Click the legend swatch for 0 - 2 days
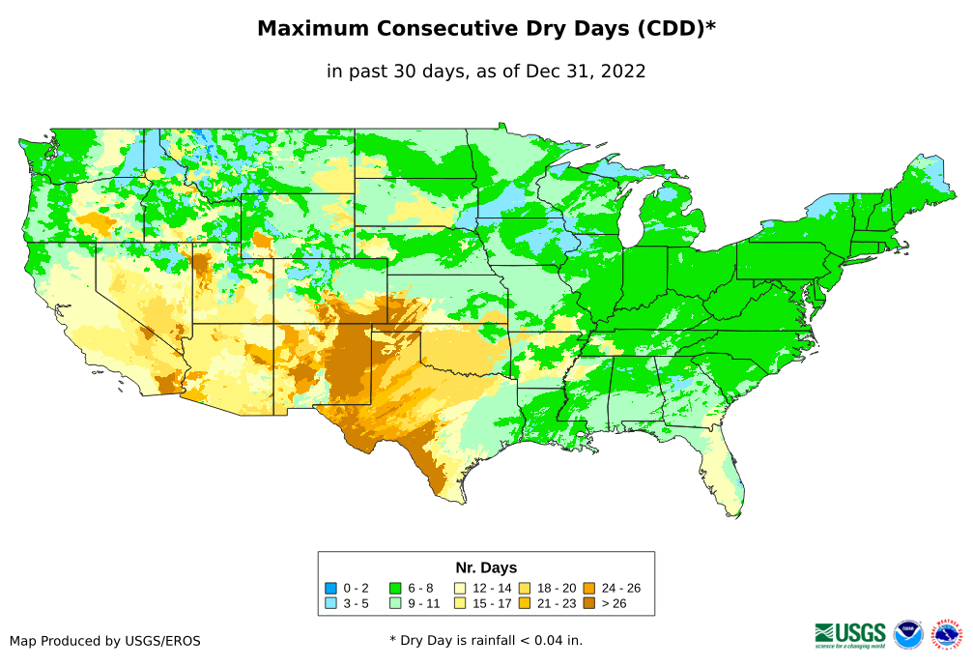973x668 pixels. pyautogui.click(x=331, y=588)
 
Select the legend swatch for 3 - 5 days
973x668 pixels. pyautogui.click(x=331, y=603)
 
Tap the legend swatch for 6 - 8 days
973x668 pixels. pyautogui.click(x=395, y=588)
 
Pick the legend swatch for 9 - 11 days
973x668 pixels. pyautogui.click(x=395, y=603)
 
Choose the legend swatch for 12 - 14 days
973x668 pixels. pyautogui.click(x=460, y=588)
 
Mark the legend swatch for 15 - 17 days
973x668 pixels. pyautogui.click(x=460, y=603)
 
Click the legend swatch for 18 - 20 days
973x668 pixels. pyautogui.click(x=524, y=588)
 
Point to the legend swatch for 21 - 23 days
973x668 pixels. pyautogui.click(x=524, y=603)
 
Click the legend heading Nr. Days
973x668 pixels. pyautogui.click(x=486, y=567)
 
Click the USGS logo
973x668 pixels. pyautogui.click(x=850, y=634)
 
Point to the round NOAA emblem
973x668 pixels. pyautogui.click(x=908, y=635)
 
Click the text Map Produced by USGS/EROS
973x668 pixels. pyautogui.click(x=105, y=641)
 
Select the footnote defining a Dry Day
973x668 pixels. pyautogui.click(x=486, y=640)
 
